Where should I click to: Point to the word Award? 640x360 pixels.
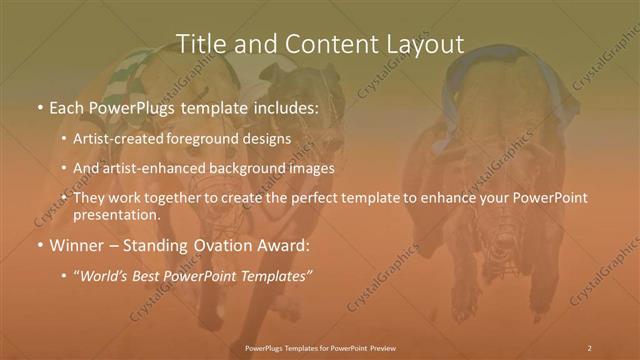pos(288,244)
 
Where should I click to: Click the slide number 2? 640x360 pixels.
pos(590,348)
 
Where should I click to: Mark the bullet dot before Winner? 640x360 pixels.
pos(38,245)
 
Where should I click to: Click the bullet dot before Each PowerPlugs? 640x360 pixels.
pos(38,106)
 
